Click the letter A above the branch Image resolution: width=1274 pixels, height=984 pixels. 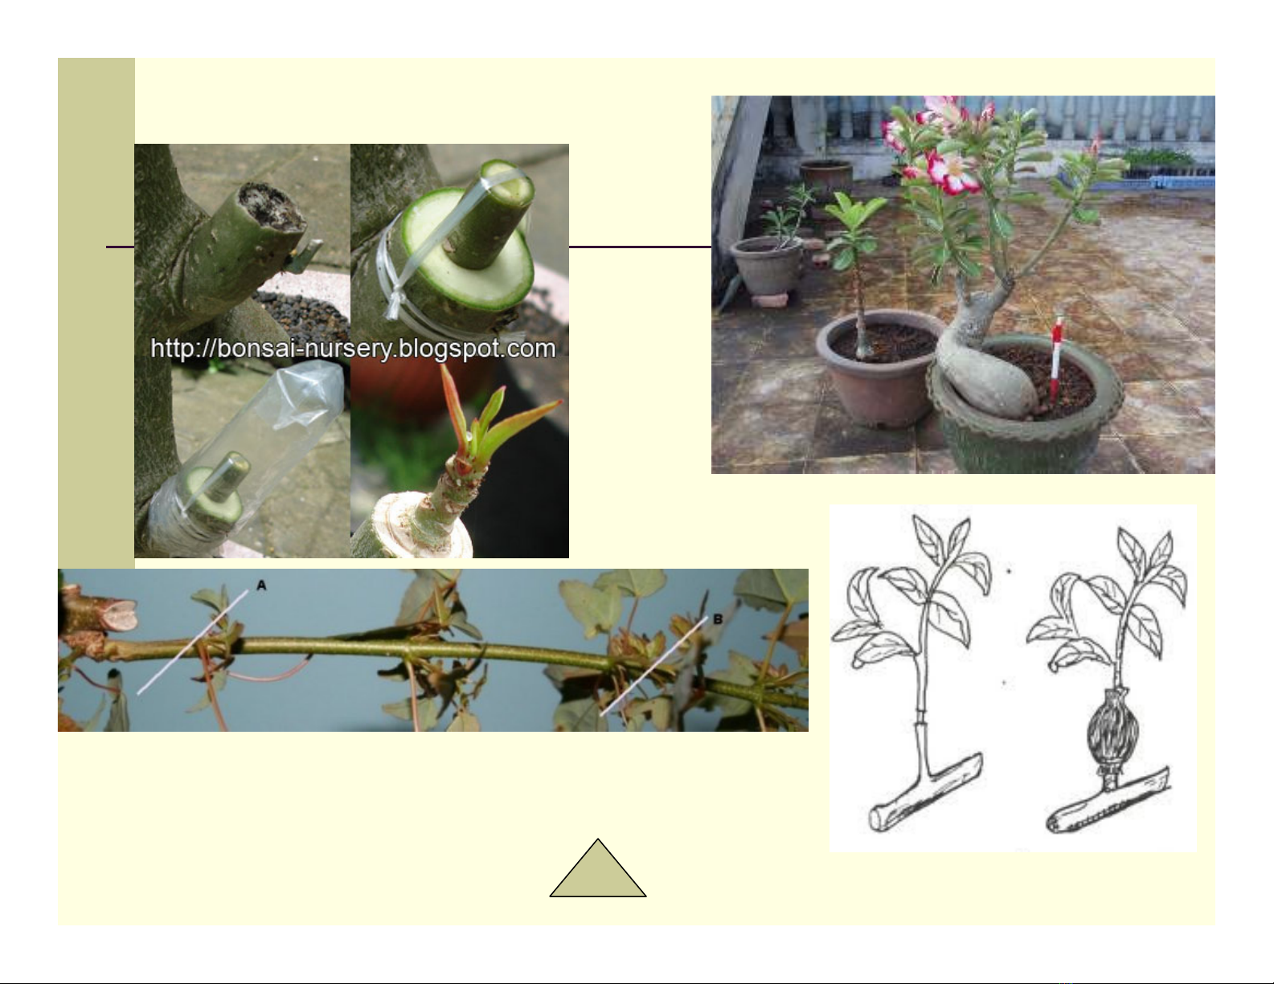(261, 585)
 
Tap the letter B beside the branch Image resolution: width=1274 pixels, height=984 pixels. (717, 619)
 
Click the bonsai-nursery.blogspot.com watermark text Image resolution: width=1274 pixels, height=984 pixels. (353, 349)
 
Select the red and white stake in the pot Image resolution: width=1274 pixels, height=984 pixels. (1055, 360)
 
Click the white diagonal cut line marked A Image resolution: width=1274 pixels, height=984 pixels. (192, 643)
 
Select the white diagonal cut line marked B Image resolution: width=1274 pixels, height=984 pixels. (653, 666)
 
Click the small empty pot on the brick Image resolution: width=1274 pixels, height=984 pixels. (766, 267)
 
